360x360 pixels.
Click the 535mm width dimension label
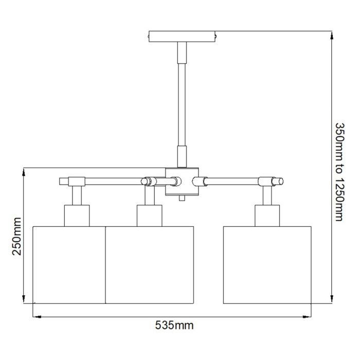[x=174, y=325]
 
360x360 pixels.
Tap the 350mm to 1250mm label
[x=338, y=171]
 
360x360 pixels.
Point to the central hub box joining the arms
[x=182, y=181]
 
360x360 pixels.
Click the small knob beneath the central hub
[x=182, y=198]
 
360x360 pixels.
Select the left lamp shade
[x=69, y=264]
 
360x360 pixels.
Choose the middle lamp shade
[x=149, y=264]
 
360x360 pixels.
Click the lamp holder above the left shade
[x=77, y=215]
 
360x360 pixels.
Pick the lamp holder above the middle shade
[x=149, y=215]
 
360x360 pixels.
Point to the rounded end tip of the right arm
[x=280, y=181]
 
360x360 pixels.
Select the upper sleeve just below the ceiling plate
[x=182, y=51]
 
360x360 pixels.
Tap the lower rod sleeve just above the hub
[x=182, y=156]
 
